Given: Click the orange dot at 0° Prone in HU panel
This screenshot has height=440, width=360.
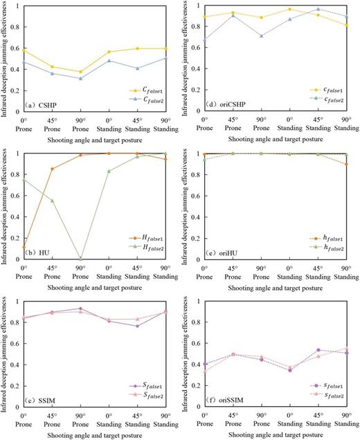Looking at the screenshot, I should [x=24, y=247].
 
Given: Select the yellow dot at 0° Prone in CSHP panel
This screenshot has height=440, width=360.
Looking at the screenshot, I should [x=24, y=50].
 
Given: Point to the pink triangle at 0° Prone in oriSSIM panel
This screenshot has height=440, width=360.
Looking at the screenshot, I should [x=202, y=371].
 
